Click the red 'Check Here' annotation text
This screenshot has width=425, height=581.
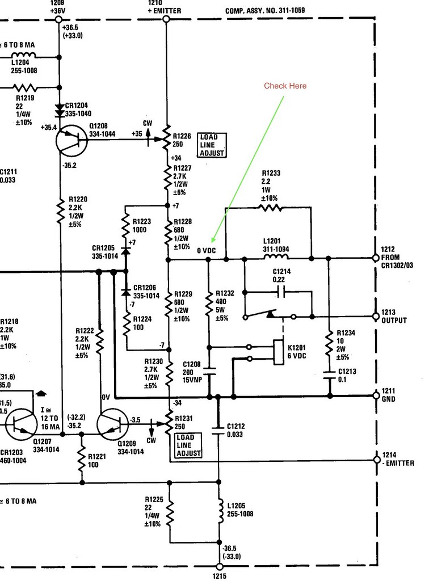click(285, 86)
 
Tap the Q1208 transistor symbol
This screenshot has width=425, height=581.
click(72, 138)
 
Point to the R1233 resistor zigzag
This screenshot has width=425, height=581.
click(270, 208)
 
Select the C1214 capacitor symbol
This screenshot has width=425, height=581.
click(279, 292)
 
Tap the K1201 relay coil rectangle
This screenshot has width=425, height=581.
click(279, 353)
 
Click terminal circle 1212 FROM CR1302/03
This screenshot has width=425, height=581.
click(375, 258)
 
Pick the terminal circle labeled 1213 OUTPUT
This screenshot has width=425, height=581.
click(375, 315)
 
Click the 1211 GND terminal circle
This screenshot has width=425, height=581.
click(375, 395)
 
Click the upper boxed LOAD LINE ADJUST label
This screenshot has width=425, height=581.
click(212, 145)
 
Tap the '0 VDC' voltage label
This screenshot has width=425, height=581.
click(207, 250)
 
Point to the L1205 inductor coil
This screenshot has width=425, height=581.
click(219, 509)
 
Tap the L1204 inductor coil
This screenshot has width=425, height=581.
click(23, 57)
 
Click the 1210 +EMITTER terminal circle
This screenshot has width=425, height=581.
click(166, 19)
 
